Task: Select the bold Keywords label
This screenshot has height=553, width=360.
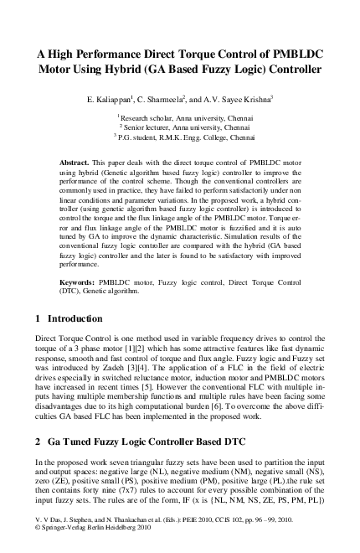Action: [x=81, y=282]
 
